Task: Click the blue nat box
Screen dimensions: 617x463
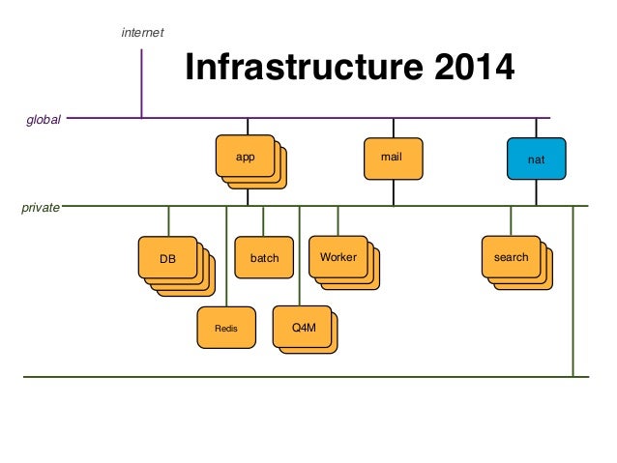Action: click(537, 159)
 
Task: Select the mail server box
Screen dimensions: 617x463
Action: click(394, 159)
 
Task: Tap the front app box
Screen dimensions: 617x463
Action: click(245, 156)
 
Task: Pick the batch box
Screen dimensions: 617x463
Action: click(264, 257)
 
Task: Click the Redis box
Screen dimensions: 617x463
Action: click(226, 328)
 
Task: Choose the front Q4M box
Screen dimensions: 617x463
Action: click(302, 327)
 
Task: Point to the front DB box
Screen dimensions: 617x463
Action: click(167, 257)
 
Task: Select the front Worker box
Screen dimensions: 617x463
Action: click(338, 256)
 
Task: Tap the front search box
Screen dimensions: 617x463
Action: click(512, 256)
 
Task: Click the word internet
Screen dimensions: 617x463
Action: click(142, 32)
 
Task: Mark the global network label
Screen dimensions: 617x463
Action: click(44, 120)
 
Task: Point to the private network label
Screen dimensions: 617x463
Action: click(41, 207)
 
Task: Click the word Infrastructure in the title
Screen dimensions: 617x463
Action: click(305, 67)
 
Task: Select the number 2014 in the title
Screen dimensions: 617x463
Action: click(475, 67)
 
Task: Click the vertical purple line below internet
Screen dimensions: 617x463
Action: click(141, 83)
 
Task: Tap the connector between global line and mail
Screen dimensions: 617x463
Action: click(394, 128)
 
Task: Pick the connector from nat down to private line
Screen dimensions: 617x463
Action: click(537, 192)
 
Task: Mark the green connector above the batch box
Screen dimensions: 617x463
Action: click(263, 221)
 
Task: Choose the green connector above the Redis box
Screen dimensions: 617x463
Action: click(226, 256)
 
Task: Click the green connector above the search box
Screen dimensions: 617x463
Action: click(511, 221)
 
